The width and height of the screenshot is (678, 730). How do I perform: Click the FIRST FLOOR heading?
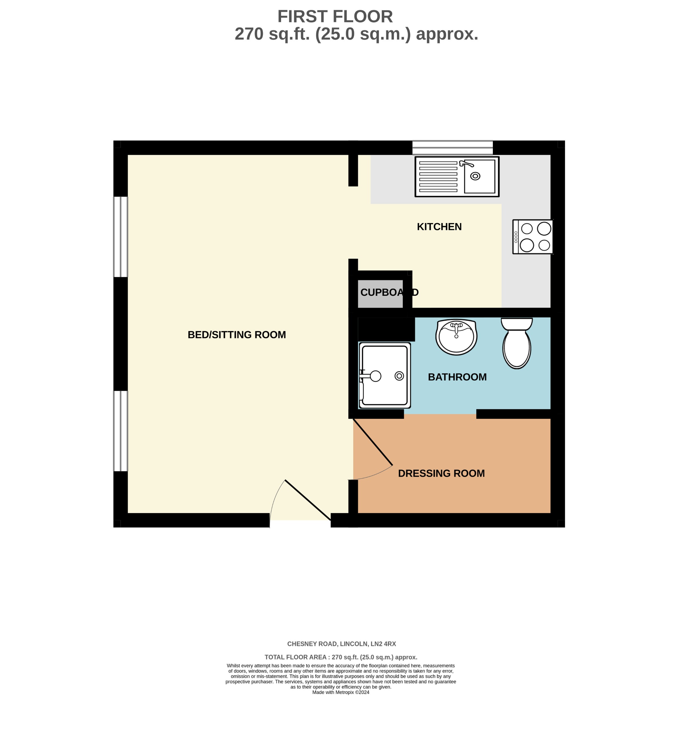335,17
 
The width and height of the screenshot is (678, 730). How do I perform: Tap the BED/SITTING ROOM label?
237,335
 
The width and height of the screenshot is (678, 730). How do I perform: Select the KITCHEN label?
439,227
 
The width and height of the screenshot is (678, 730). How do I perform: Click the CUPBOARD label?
389,292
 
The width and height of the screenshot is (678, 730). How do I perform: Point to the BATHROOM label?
457,377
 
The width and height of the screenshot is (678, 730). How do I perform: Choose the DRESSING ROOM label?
441,473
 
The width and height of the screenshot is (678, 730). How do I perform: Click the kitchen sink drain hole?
475,176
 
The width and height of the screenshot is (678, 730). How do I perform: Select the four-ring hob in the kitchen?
533,237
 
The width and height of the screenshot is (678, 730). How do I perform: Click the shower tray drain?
399,376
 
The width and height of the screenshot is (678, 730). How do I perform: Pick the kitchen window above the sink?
452,148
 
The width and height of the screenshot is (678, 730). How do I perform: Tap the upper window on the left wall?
120,237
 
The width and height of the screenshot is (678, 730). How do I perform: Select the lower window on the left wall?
120,431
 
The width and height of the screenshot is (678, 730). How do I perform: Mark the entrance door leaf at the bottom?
307,500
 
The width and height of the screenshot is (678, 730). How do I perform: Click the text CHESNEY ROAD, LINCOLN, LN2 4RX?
341,644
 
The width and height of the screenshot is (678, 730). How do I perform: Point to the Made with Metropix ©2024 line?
340,692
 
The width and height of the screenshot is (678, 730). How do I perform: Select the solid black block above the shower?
386,329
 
